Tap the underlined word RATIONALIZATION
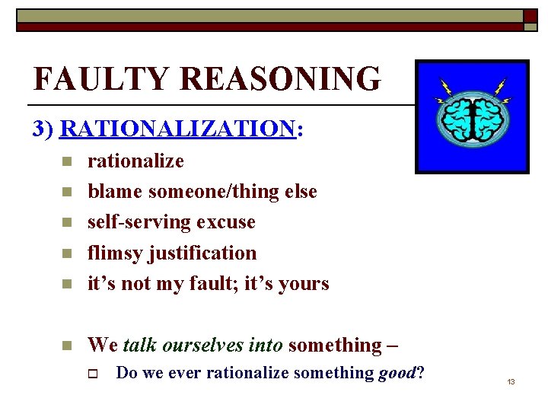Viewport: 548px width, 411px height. click(177, 129)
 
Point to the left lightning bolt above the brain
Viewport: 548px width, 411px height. click(444, 91)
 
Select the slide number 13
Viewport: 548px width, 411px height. click(511, 381)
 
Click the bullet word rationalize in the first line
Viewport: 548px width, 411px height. click(135, 161)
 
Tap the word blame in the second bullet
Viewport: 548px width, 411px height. click(115, 192)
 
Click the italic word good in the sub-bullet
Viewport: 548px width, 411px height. click(397, 373)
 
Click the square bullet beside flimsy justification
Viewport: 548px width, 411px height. click(67, 253)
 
